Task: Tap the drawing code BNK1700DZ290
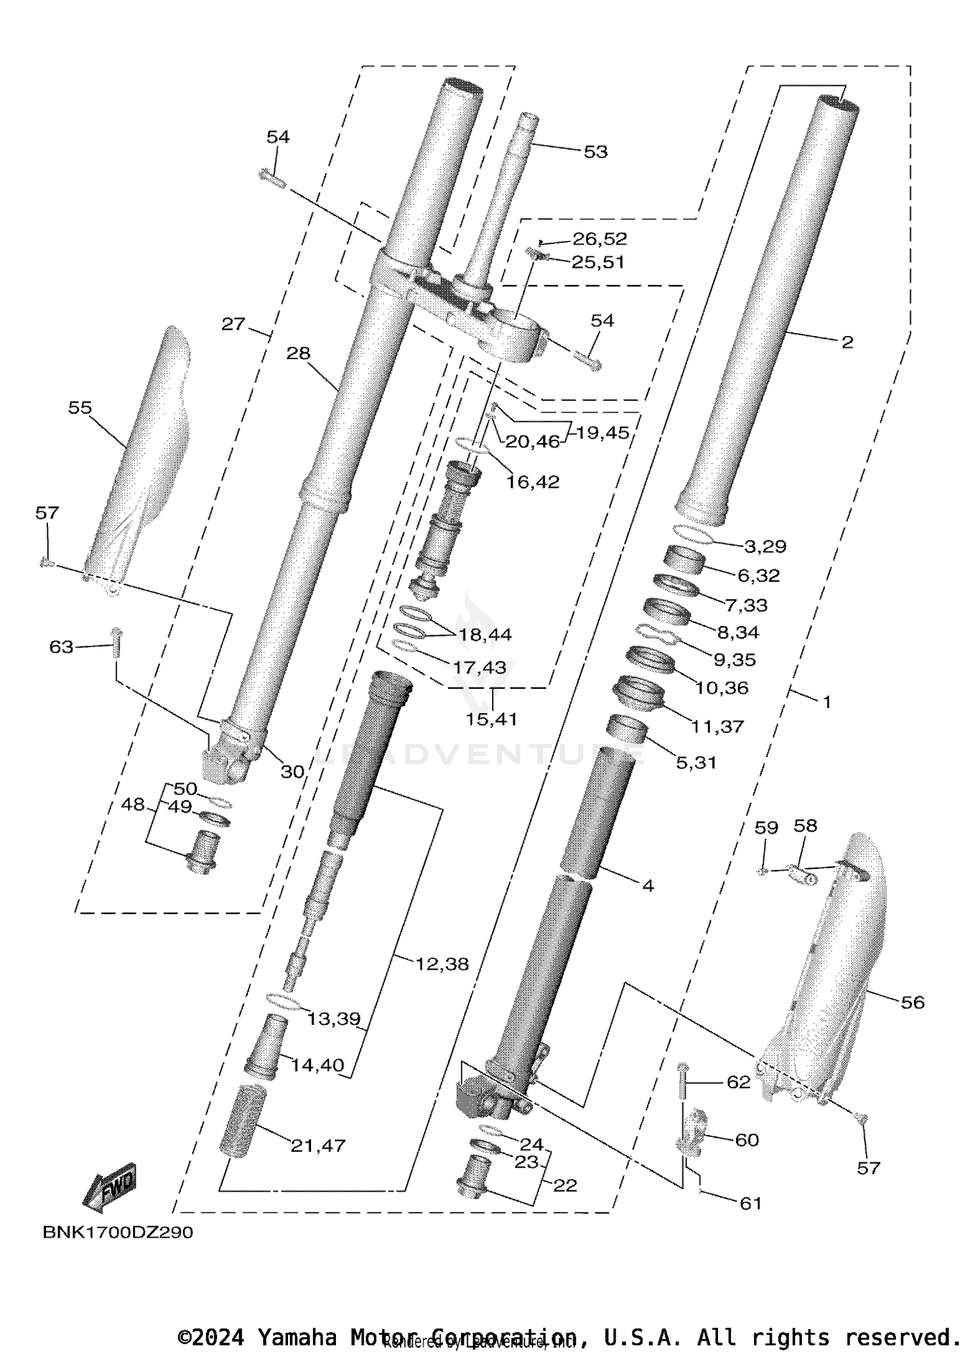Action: pos(118,1232)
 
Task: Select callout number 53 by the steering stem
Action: pos(595,152)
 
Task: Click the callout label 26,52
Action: pos(600,239)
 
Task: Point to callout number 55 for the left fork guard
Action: pos(80,408)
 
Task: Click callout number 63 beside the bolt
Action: pos(61,647)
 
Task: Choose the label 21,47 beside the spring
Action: pos(318,1145)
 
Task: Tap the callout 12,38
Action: pos(442,964)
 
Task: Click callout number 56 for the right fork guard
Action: pos(913,1003)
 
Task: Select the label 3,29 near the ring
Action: pos(765,547)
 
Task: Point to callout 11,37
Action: pos(717,727)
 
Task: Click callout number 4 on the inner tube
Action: pos(648,886)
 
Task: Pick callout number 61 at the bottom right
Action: pos(750,1204)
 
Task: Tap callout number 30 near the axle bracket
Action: pos(292,772)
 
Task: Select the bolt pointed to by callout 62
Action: pos(682,1084)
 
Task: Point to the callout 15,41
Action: pos(491,719)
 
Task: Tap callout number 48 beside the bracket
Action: pos(132,805)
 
